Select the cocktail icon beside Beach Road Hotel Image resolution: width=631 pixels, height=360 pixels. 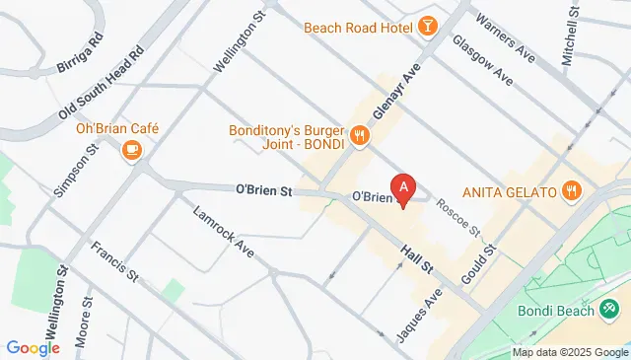click(x=429, y=25)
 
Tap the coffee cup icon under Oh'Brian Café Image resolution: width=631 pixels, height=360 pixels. click(x=131, y=150)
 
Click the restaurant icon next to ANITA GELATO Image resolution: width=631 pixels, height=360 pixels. click(x=571, y=189)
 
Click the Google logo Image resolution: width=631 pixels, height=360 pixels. click(x=33, y=347)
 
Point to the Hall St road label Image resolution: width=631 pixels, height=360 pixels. click(x=418, y=259)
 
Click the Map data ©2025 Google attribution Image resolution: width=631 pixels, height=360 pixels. click(x=570, y=352)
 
